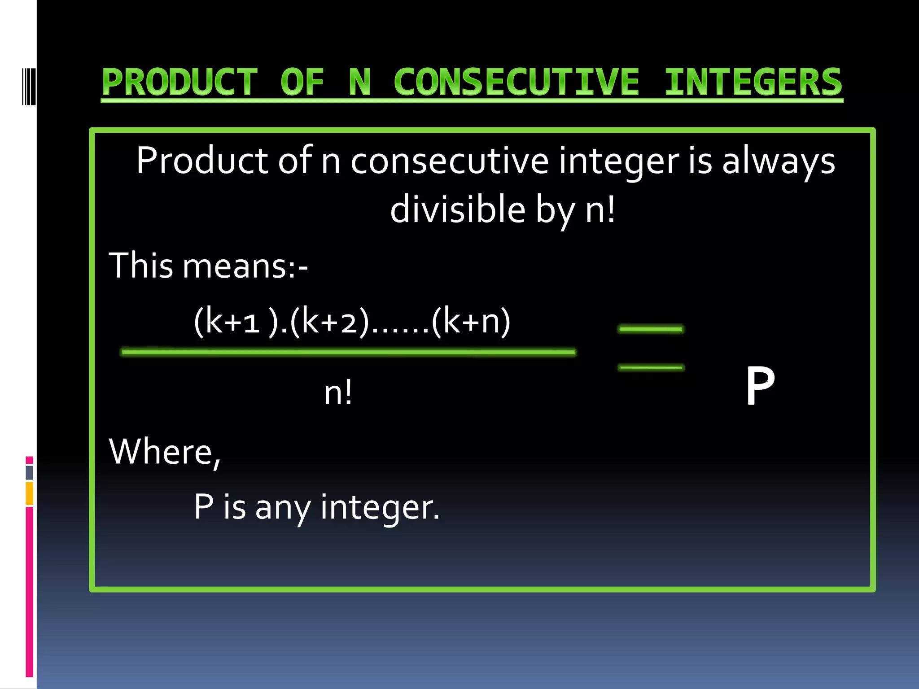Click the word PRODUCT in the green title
pos(179,82)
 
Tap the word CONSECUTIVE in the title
pos(516,82)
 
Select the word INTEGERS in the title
pos(753,82)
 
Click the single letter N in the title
pos(360,82)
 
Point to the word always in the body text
pos(778,161)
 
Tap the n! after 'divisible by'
pos(600,209)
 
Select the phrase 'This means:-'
pos(208,266)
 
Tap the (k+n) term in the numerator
pos(471,321)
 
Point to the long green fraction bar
pos(348,353)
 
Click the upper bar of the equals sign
pos(651,329)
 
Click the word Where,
pos(165,452)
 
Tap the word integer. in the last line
pos(380,507)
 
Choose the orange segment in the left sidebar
pos(30,493)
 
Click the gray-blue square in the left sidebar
pos(30,472)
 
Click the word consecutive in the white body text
pos(449,161)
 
